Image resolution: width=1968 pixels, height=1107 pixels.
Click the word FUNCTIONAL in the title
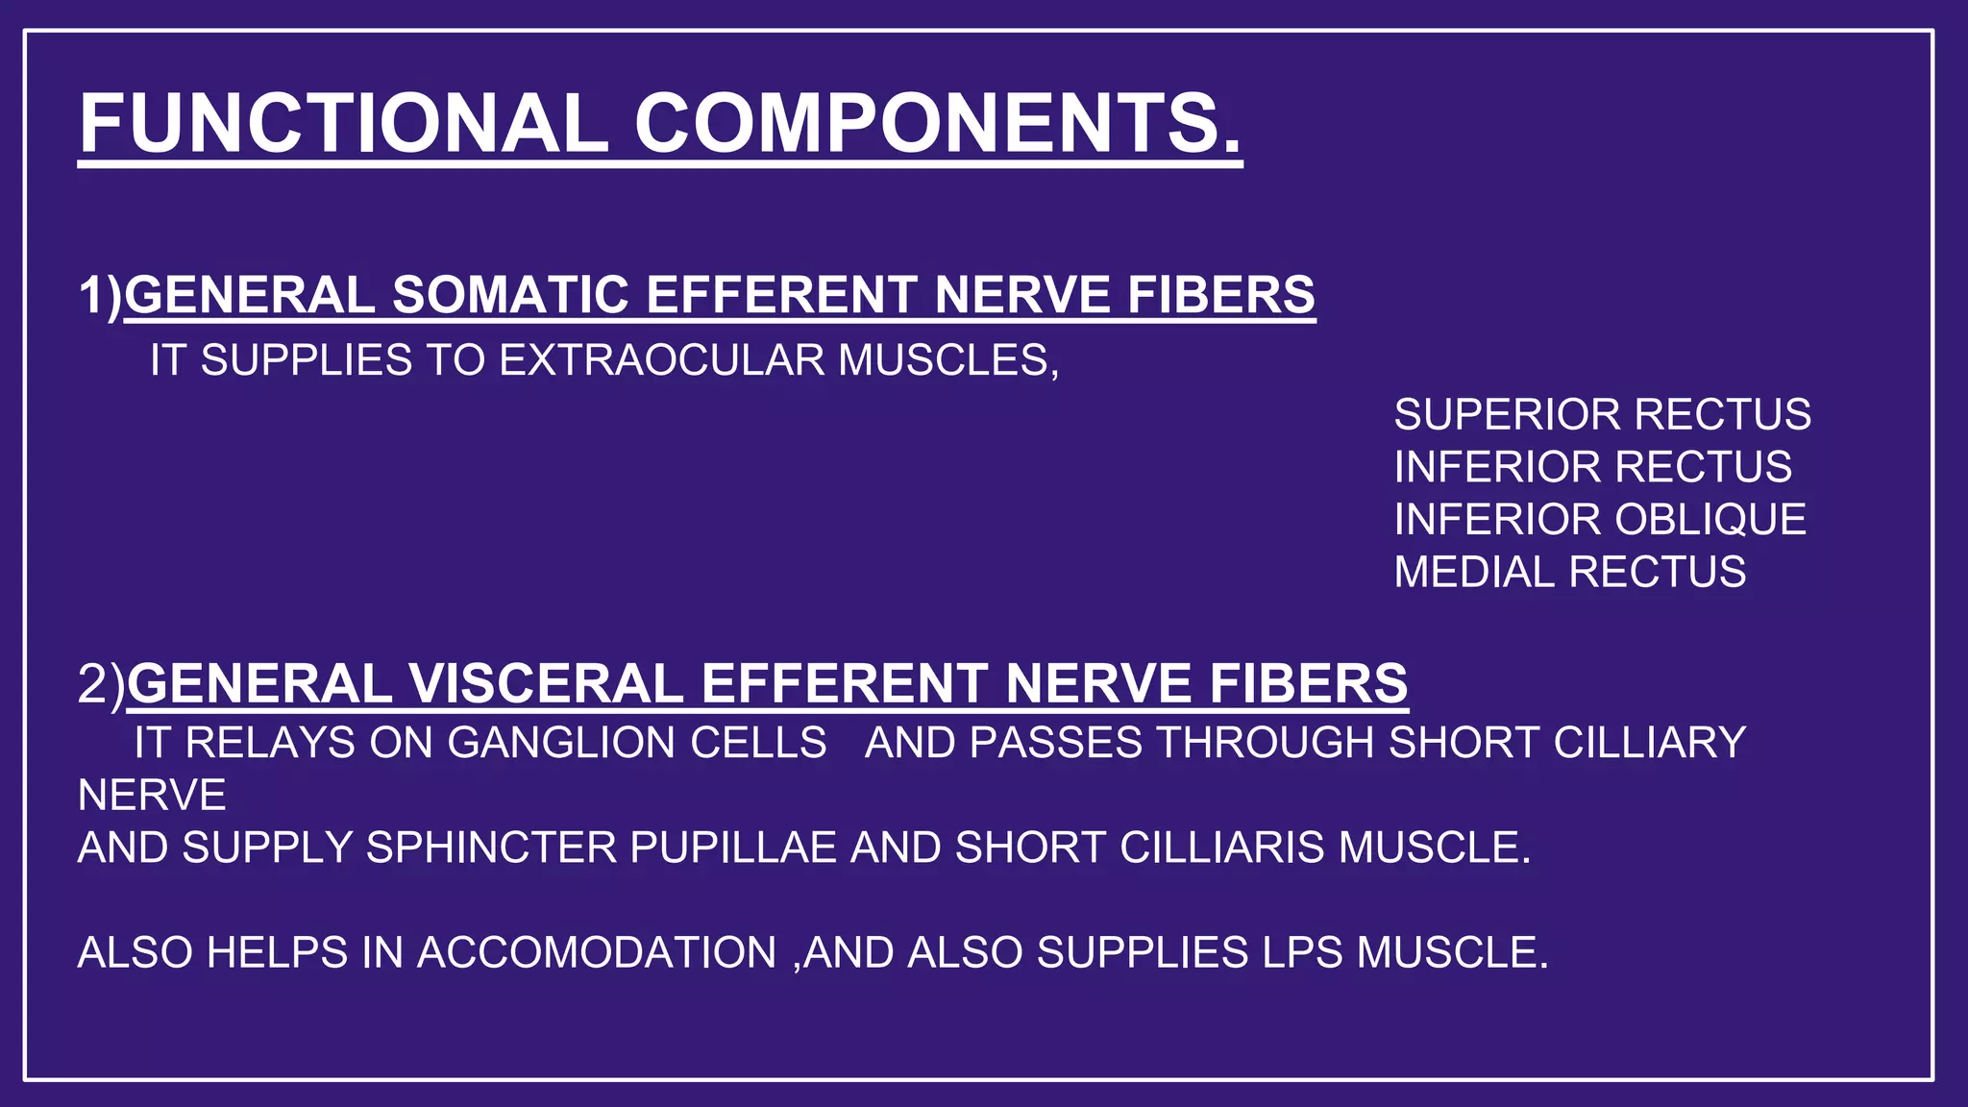(344, 123)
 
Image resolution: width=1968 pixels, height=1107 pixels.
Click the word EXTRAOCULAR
(661, 360)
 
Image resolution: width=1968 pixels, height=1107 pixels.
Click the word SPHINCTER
(491, 848)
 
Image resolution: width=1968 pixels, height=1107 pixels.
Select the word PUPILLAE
(733, 848)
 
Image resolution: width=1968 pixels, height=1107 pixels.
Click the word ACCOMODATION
(597, 953)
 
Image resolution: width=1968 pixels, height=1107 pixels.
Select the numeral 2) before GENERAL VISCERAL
(101, 683)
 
